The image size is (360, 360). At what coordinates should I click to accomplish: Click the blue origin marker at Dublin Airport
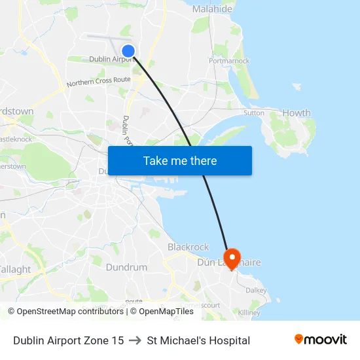tap(128, 50)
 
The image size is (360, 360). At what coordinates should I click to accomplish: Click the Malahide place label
tap(212, 9)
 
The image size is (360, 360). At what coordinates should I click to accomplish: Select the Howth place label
tap(297, 113)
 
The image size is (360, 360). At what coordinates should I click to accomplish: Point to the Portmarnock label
tap(229, 61)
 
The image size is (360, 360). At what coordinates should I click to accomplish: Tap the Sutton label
tap(254, 113)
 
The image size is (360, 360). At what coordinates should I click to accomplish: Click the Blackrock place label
tap(188, 247)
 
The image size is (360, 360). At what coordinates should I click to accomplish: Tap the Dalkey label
tap(256, 290)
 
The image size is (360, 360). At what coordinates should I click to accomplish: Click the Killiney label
tap(249, 313)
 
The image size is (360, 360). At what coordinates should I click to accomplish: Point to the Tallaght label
tap(14, 269)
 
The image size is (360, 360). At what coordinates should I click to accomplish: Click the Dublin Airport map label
tap(111, 59)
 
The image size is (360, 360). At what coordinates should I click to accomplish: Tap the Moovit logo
tap(321, 340)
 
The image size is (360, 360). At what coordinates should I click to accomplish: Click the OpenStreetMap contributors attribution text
tap(65, 312)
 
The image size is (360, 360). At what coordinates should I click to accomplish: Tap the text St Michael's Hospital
tap(198, 340)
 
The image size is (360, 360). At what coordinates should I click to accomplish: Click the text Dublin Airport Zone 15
tap(69, 340)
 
